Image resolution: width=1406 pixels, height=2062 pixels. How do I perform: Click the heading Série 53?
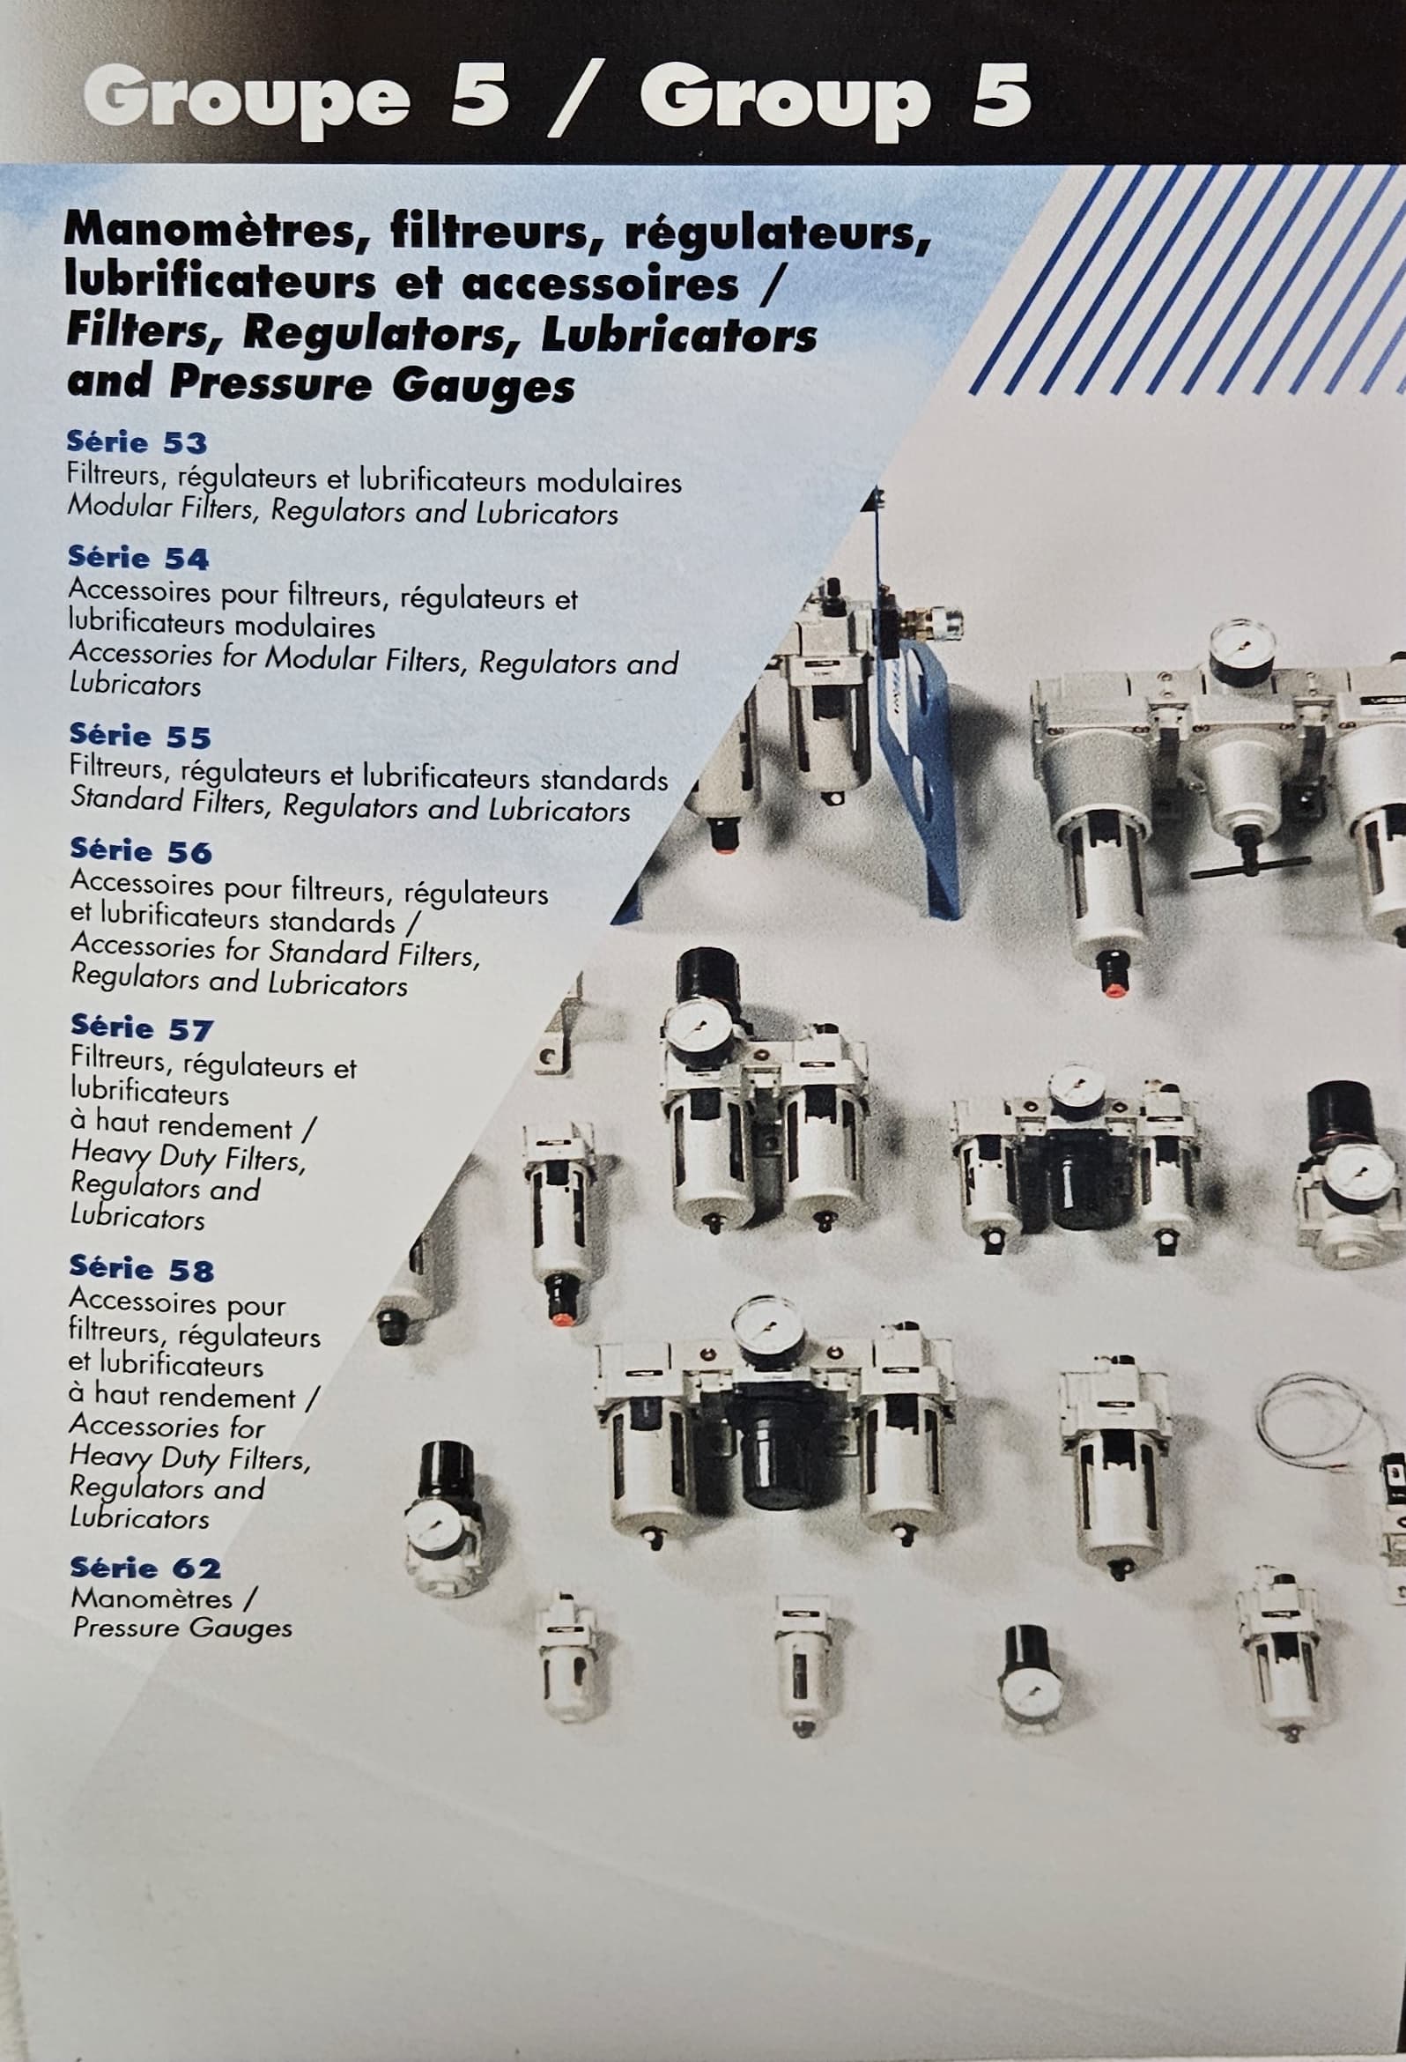(x=137, y=441)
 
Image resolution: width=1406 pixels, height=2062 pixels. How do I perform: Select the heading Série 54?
(x=138, y=557)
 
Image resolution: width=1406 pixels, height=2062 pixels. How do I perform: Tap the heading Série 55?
(x=140, y=736)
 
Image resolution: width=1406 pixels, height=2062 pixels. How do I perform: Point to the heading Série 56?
(x=141, y=851)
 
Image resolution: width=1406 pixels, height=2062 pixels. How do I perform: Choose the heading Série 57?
(x=142, y=1028)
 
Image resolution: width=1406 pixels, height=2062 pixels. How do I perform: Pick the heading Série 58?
(x=142, y=1268)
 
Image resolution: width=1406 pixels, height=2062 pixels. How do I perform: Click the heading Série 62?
(x=145, y=1568)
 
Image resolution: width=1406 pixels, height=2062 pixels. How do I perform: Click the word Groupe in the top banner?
(x=247, y=100)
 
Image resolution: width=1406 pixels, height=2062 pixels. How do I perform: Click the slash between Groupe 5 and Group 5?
(x=573, y=101)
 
